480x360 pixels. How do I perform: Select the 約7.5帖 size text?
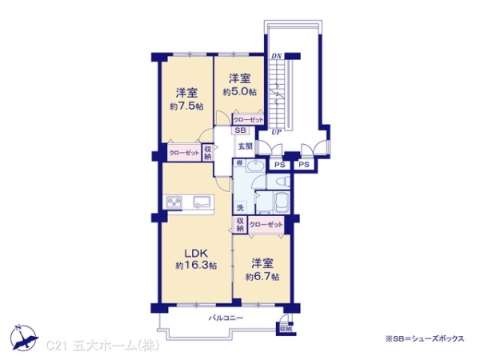pos(185,105)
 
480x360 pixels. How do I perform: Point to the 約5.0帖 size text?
pos(240,91)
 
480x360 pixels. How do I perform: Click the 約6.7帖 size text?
pos(262,276)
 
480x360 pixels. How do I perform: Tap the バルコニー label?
pos(226,318)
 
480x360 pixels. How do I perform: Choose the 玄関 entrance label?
pos(245,146)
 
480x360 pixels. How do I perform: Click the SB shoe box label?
pos(240,130)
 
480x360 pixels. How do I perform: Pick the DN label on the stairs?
pos(277,56)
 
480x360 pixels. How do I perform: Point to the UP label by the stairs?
pos(277,130)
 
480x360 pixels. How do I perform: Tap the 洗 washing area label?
pos(239,208)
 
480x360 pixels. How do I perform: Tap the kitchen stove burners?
pos(175,201)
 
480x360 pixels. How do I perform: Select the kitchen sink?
pos(202,201)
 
